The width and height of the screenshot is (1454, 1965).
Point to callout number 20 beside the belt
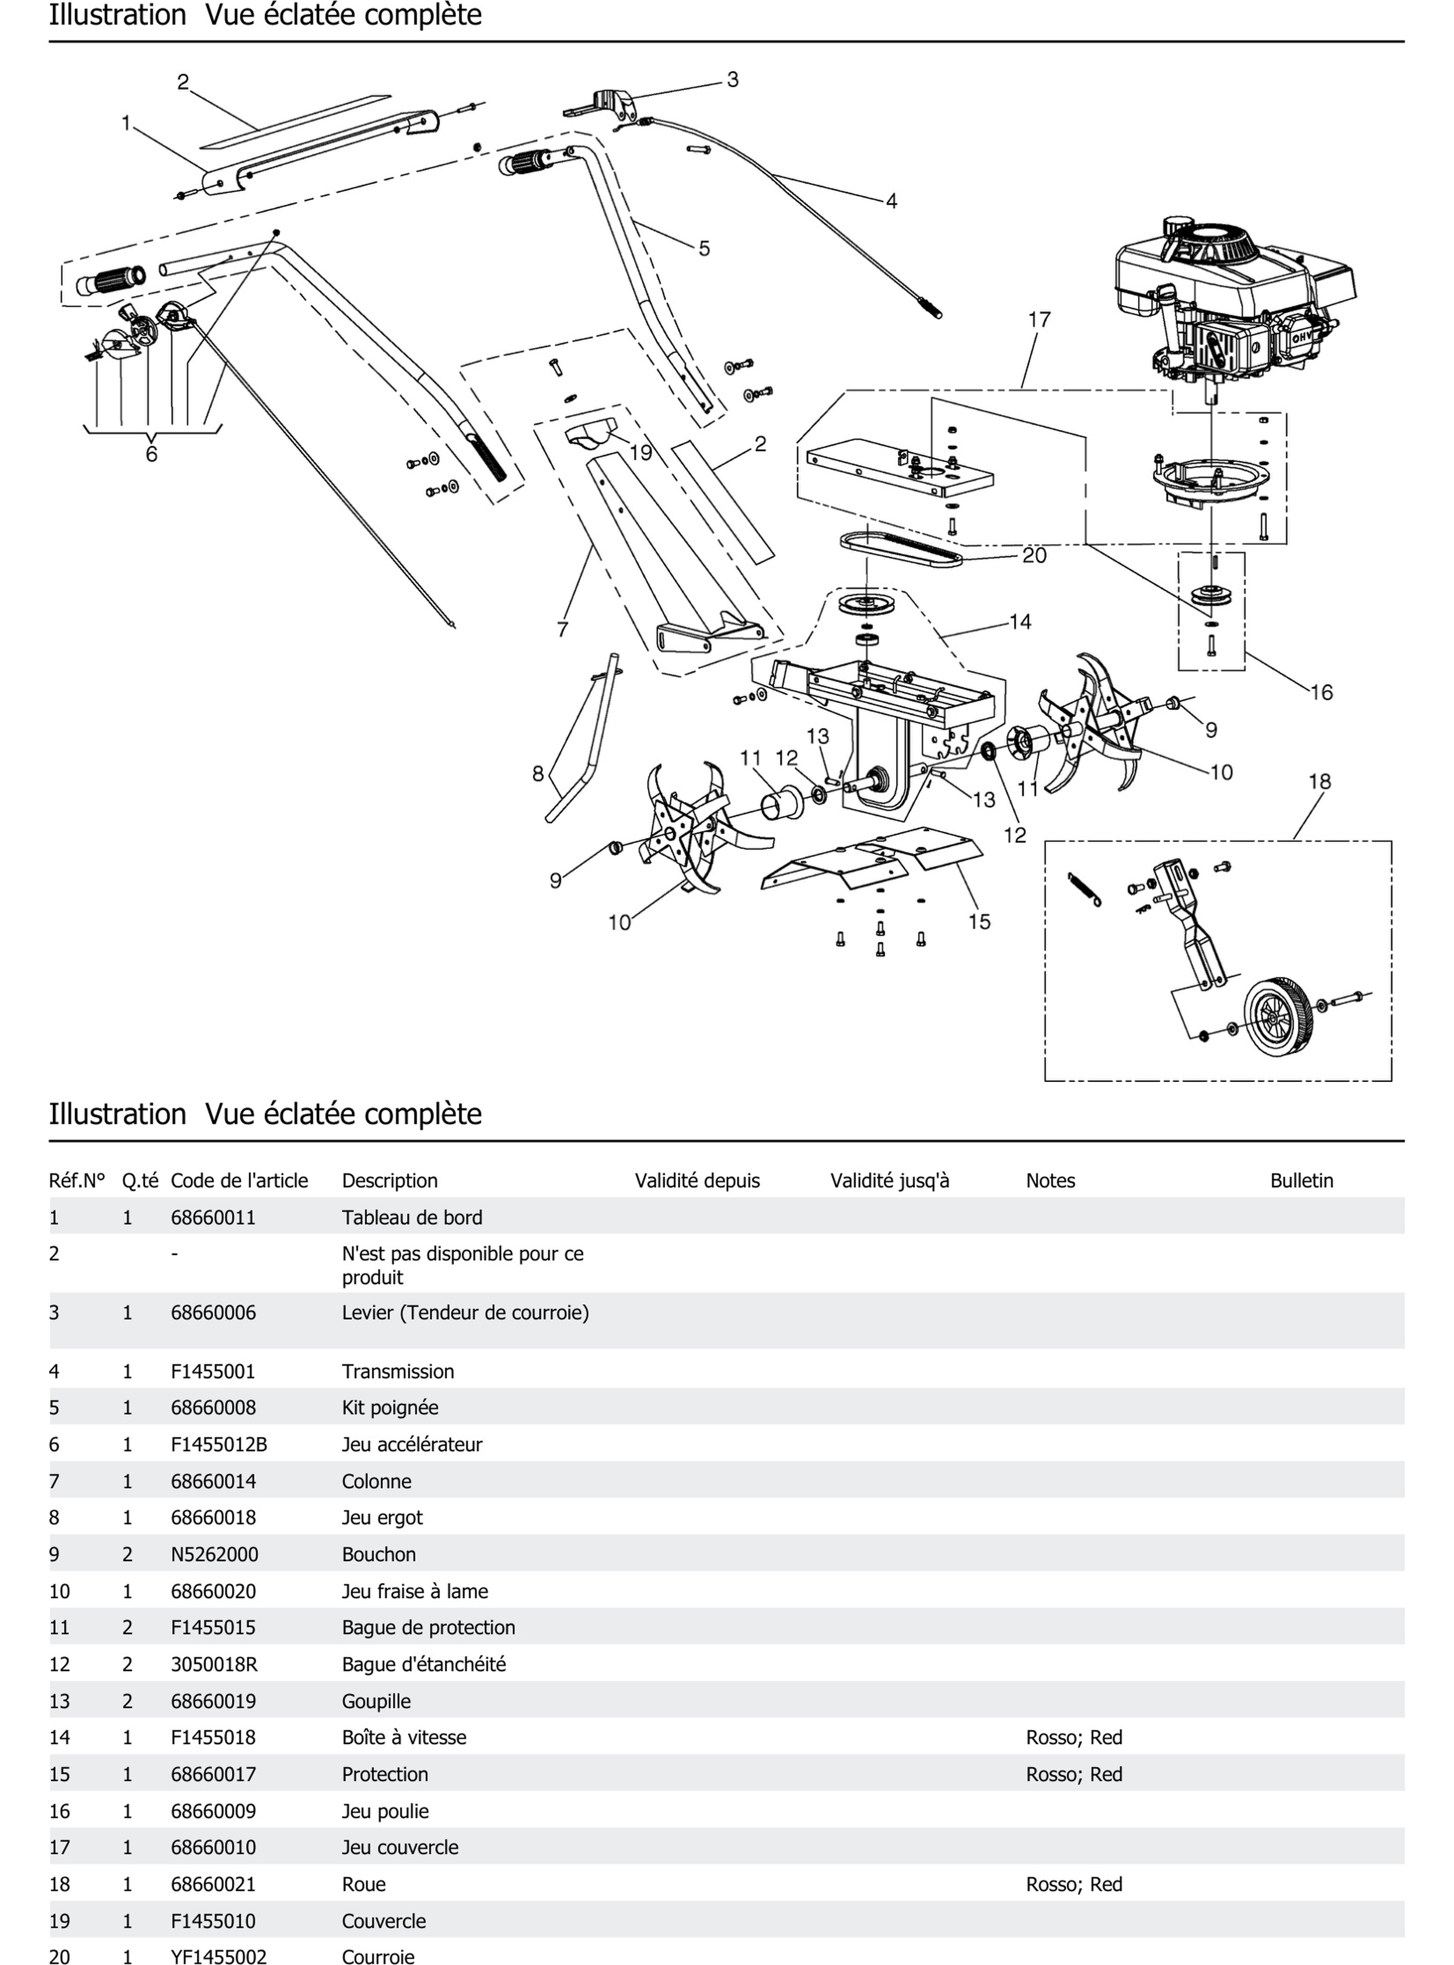click(1034, 556)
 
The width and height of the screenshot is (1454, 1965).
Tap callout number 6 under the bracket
click(151, 454)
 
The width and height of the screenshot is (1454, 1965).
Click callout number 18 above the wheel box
click(1319, 782)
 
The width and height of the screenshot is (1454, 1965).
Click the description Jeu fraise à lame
click(415, 1591)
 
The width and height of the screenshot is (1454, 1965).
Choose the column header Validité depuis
click(697, 1181)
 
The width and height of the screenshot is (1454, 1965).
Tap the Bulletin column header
click(1301, 1181)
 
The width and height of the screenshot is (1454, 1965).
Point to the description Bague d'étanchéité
click(424, 1664)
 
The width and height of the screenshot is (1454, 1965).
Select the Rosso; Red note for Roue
click(1074, 1884)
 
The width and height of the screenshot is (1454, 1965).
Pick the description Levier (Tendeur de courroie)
click(465, 1313)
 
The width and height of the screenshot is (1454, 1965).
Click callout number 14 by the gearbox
click(1020, 622)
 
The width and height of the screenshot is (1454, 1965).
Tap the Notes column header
click(1050, 1181)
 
